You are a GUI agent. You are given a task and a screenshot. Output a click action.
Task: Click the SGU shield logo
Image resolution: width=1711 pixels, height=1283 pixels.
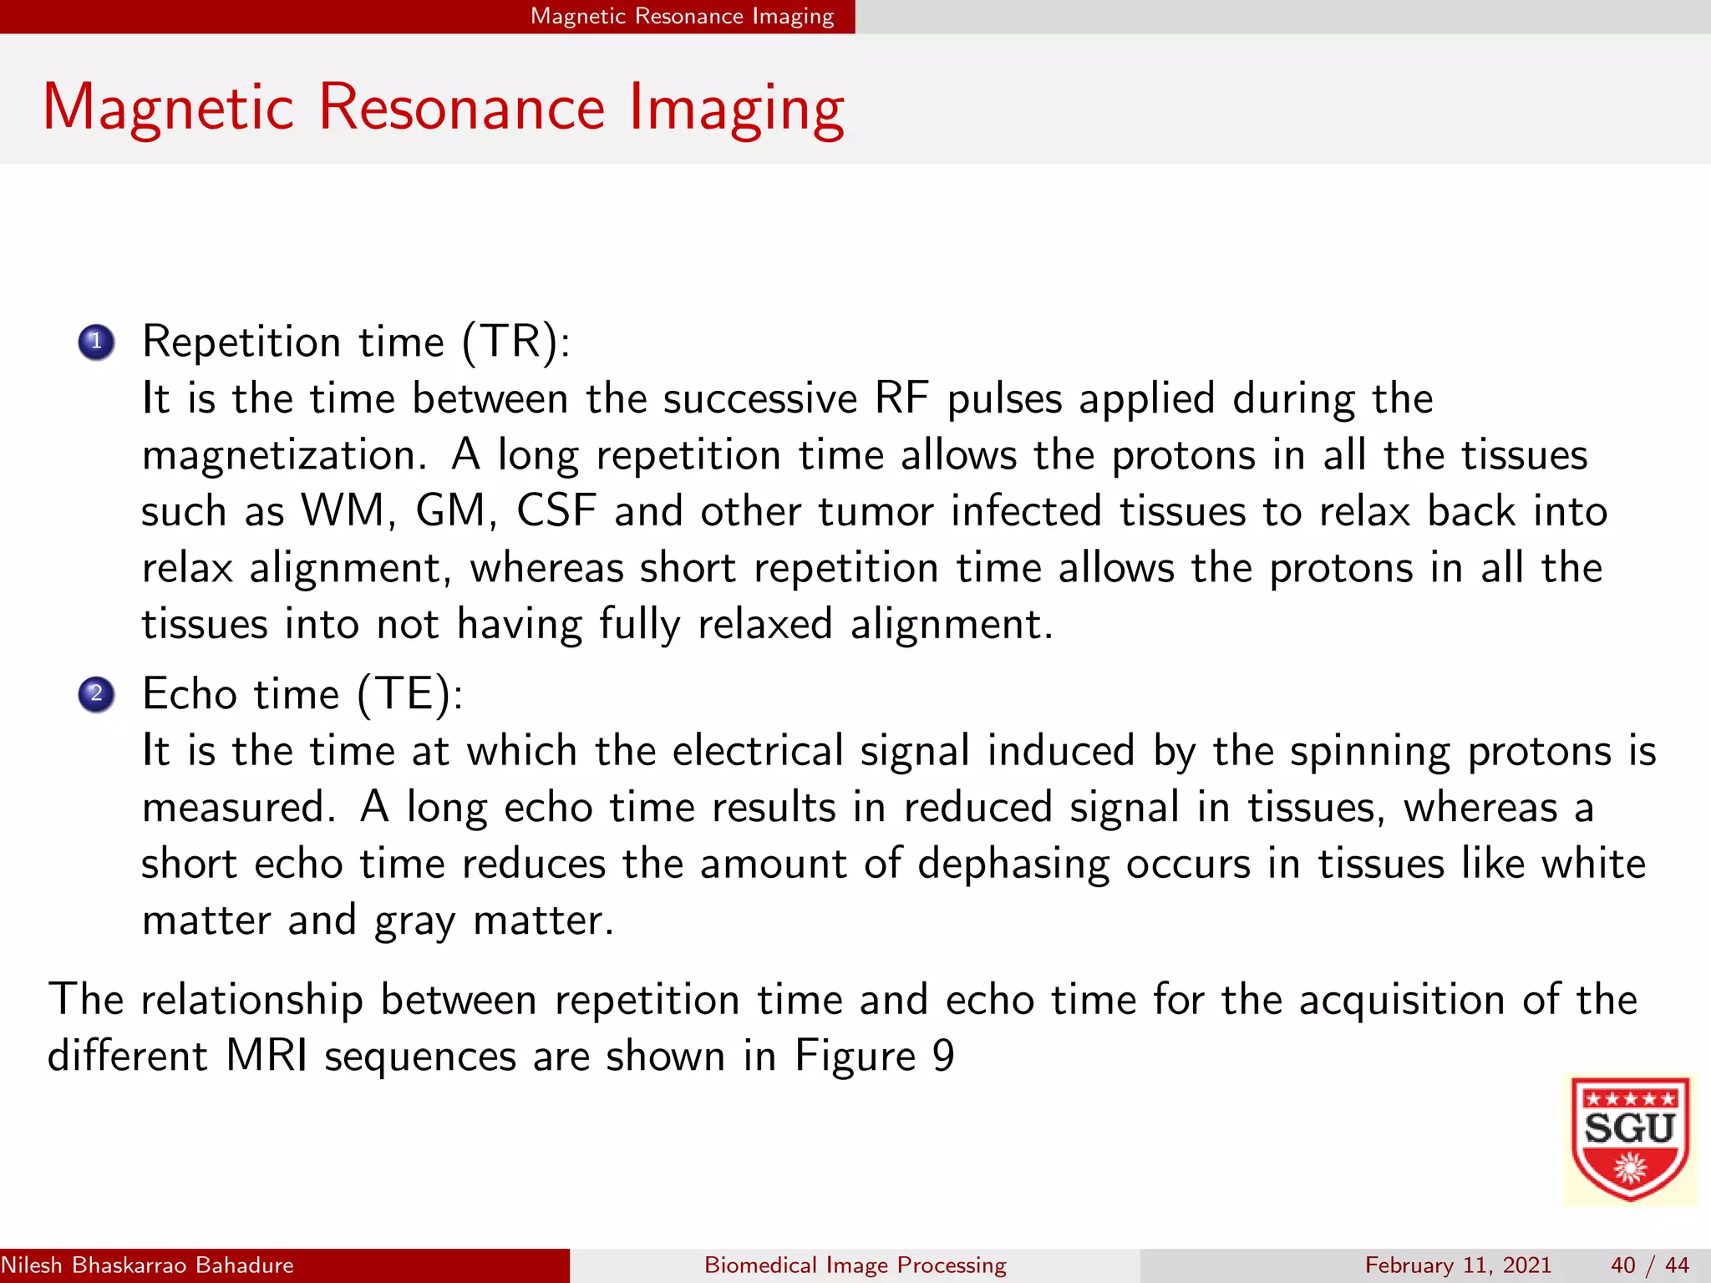point(1629,1139)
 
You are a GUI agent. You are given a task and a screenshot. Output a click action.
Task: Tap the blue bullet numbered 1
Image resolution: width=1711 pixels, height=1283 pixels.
point(96,342)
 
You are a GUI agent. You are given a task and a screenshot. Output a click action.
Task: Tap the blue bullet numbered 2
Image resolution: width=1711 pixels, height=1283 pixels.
point(96,694)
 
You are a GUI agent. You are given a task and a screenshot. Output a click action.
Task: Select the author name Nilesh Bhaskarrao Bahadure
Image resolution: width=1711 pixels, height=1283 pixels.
point(147,1265)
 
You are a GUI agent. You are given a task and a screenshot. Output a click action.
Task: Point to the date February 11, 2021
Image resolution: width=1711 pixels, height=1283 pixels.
point(1457,1265)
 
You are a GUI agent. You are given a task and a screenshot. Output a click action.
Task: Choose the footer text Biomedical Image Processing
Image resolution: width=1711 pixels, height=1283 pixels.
point(855,1265)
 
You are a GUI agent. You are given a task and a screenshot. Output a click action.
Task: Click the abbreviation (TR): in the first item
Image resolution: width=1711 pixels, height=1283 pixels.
point(516,342)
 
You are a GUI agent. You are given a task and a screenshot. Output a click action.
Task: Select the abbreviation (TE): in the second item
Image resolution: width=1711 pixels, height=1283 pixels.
point(409,694)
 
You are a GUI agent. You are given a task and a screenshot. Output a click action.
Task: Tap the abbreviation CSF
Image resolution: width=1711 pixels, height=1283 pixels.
point(556,511)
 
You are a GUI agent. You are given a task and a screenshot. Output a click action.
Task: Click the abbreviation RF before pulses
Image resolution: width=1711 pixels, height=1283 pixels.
point(901,398)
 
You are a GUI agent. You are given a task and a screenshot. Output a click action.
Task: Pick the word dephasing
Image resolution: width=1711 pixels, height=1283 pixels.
point(1013,865)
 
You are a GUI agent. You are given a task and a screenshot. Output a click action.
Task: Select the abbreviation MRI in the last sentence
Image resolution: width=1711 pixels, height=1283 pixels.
point(267,1056)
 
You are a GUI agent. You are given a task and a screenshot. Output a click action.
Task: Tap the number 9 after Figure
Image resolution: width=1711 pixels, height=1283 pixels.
point(943,1056)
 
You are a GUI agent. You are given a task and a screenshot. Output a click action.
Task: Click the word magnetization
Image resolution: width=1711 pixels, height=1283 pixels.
point(279,456)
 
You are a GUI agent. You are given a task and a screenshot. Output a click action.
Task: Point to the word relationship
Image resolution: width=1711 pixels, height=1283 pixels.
point(251,1000)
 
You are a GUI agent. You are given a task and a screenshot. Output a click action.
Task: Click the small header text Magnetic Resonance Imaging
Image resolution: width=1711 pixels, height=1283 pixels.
point(682,17)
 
